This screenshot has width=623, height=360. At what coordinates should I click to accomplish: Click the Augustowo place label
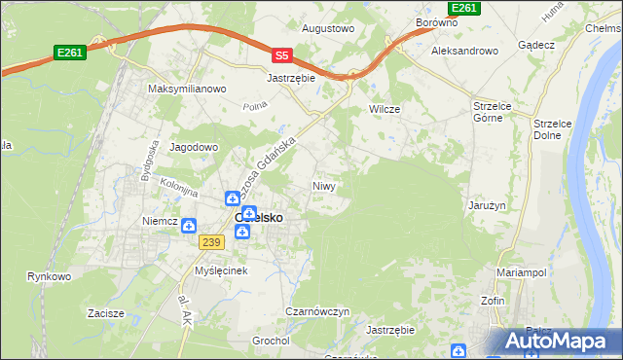(x=328, y=29)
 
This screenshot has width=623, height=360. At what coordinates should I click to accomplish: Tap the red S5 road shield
(x=281, y=56)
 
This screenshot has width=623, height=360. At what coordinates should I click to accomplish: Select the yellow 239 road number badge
(x=211, y=241)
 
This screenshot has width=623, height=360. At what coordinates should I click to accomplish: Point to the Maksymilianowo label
(x=187, y=89)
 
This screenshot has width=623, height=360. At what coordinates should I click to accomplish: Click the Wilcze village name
(x=385, y=109)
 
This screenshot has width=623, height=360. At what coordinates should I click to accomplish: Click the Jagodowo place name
(x=195, y=147)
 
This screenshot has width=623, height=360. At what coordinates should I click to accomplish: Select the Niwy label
(x=325, y=185)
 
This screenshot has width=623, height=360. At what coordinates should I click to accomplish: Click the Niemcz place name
(x=159, y=221)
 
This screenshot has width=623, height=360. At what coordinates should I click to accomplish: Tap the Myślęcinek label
(x=224, y=270)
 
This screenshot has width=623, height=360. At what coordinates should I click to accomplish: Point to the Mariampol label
(x=524, y=272)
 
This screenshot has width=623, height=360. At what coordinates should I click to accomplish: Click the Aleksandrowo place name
(x=465, y=51)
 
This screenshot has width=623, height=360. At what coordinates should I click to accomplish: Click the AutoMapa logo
(x=555, y=342)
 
